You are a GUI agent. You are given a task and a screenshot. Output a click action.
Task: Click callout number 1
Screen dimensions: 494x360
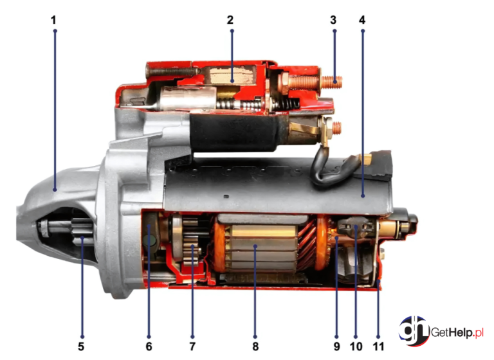tap(53, 20)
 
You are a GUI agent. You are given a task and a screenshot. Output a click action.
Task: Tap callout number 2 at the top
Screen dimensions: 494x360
tap(230, 20)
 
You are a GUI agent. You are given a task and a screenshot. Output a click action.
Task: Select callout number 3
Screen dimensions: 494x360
tap(333, 20)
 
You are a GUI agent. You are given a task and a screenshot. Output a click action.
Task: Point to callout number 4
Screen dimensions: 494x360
tap(362, 20)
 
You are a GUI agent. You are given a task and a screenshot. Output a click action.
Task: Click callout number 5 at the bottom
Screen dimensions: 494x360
tap(81, 346)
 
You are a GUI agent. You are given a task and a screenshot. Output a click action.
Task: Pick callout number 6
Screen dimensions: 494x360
tap(149, 346)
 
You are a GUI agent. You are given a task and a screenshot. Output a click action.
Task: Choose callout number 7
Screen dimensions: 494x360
tap(192, 346)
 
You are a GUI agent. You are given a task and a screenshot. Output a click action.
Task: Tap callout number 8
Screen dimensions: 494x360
tap(255, 346)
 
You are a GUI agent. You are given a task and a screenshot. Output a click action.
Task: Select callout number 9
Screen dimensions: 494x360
tap(337, 346)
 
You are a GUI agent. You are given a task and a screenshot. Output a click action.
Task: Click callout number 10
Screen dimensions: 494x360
tap(356, 346)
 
